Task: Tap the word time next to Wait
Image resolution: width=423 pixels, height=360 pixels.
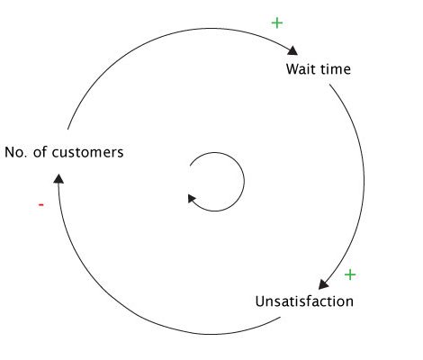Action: (336, 69)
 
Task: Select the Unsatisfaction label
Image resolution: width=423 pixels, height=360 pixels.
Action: (304, 301)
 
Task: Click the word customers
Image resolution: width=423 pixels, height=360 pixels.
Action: (87, 152)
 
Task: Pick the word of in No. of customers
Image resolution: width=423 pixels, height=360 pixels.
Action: (40, 152)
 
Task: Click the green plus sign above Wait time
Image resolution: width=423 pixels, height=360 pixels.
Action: (277, 23)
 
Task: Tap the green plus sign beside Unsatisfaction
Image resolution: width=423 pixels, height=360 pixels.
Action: (350, 274)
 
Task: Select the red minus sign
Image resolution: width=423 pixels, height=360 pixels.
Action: (41, 205)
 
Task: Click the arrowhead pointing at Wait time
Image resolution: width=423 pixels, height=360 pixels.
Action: (292, 51)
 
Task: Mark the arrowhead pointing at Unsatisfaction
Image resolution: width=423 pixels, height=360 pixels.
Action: (323, 283)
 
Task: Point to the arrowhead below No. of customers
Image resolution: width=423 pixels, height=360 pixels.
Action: (58, 178)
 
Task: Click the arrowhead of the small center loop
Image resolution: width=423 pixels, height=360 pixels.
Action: (192, 198)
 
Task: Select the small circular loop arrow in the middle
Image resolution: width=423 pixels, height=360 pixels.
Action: (244, 182)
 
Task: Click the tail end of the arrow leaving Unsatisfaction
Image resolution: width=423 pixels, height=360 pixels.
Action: (281, 317)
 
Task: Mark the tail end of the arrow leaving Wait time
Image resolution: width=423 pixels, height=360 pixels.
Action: (329, 85)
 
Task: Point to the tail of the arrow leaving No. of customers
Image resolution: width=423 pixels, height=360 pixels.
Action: (67, 130)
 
